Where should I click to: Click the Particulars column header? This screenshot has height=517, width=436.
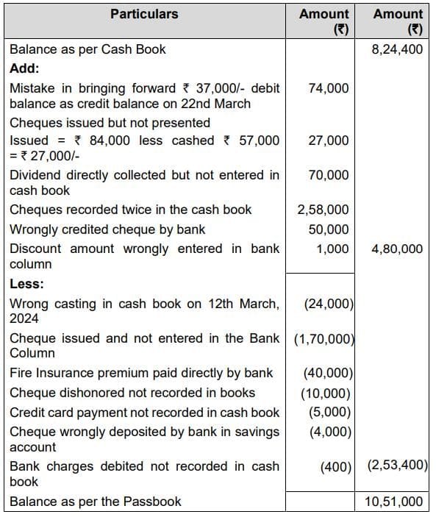[144, 14]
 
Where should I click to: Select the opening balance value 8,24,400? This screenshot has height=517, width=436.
[398, 50]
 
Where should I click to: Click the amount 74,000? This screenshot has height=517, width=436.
[329, 88]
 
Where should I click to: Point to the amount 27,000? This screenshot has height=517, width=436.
[329, 140]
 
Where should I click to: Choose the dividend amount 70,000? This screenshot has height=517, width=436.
[329, 175]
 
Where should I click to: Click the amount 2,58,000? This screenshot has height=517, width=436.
[323, 210]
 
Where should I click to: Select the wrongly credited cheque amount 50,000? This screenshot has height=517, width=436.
[329, 229]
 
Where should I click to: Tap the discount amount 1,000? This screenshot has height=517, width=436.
[332, 249]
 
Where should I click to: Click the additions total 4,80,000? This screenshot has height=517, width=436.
[397, 249]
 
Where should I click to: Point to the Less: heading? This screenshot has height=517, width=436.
[26, 284]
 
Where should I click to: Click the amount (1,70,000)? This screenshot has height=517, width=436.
[324, 339]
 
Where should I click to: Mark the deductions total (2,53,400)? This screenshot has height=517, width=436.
[396, 466]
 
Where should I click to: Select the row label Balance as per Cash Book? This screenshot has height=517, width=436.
[87, 50]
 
